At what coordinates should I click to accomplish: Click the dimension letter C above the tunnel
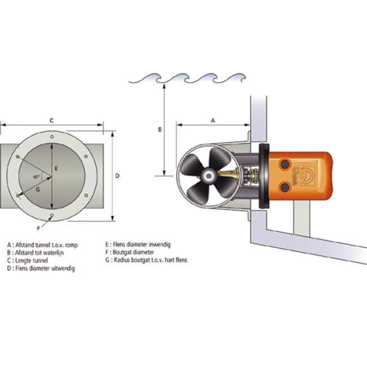pyautogui.click(x=52, y=120)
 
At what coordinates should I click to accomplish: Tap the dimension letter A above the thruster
pyautogui.click(x=213, y=120)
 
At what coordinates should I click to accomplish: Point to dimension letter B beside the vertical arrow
pyautogui.click(x=160, y=129)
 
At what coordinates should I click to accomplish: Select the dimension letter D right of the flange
pyautogui.click(x=117, y=176)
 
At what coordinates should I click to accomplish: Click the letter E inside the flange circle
pyautogui.click(x=56, y=168)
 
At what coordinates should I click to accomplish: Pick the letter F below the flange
pyautogui.click(x=38, y=229)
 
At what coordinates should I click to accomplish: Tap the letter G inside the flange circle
pyautogui.click(x=38, y=189)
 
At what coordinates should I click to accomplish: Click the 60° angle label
pyautogui.click(x=36, y=177)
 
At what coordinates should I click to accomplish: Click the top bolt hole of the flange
pyautogui.click(x=52, y=137)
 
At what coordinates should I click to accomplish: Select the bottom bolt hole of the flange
pyautogui.click(x=52, y=215)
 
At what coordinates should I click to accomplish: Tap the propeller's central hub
pyautogui.click(x=208, y=176)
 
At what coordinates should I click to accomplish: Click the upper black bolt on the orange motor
pyautogui.click(x=285, y=164)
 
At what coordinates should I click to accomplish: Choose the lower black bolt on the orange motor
pyautogui.click(x=285, y=187)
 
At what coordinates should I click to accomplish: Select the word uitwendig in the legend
pyautogui.click(x=62, y=268)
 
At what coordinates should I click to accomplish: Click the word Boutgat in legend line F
pyautogui.click(x=122, y=252)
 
